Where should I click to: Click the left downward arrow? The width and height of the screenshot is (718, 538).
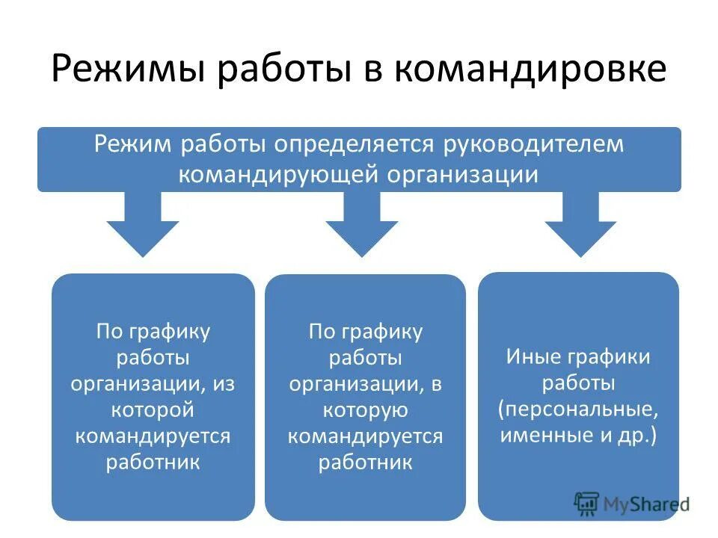[x=143, y=224]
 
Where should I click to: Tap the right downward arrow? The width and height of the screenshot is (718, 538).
[x=580, y=224]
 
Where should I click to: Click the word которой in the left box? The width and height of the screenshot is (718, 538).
[x=153, y=409]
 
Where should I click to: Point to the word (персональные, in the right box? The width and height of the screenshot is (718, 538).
[x=578, y=409]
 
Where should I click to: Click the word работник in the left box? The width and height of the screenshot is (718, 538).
[x=153, y=461]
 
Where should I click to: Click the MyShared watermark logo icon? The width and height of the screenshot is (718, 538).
[x=587, y=503]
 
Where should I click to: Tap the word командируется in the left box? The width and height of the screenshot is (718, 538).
[x=153, y=435]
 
